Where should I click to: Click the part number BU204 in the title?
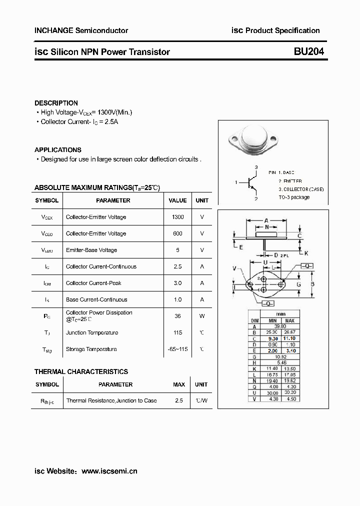pyautogui.click(x=309, y=51)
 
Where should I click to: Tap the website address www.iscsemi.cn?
pyautogui.click(x=109, y=471)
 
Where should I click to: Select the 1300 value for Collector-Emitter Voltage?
pyautogui.click(x=177, y=217)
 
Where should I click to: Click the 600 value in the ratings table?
pyautogui.click(x=177, y=233)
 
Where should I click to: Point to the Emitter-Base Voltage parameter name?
pyautogui.click(x=91, y=250)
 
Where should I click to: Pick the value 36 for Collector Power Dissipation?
pyautogui.click(x=177, y=316)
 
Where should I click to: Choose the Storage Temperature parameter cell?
pyautogui.click(x=91, y=349)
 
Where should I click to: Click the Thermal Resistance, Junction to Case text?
pyautogui.click(x=111, y=400)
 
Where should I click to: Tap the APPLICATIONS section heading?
pyautogui.click(x=58, y=149)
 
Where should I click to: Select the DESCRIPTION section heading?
pyautogui.click(x=56, y=103)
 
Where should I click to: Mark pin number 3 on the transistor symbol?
pyautogui.click(x=256, y=167)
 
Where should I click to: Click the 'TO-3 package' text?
pyautogui.click(x=294, y=197)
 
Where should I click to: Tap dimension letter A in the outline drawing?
pyautogui.click(x=266, y=220)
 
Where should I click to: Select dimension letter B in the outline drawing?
pyautogui.click(x=311, y=284)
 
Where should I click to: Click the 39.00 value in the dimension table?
pyautogui.click(x=281, y=326)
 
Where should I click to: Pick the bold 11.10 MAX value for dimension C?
pyautogui.click(x=290, y=338)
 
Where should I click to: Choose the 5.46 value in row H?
pyautogui.click(x=281, y=362)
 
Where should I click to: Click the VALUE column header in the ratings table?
pyautogui.click(x=177, y=200)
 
